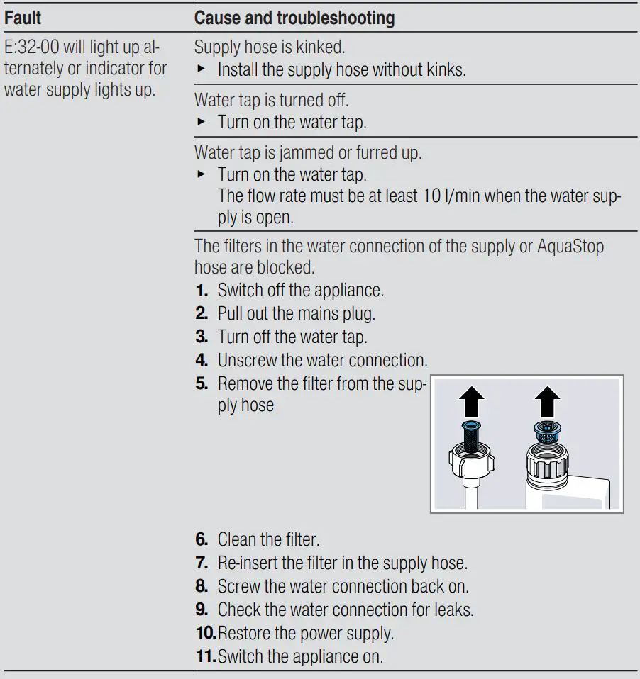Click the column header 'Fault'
tap(23, 17)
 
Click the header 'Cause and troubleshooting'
tap(294, 17)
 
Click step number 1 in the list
tap(201, 291)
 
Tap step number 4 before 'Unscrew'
tap(201, 359)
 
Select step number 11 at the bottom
tap(205, 656)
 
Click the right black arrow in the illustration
tap(546, 403)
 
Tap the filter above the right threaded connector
tap(546, 431)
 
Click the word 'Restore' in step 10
tap(243, 633)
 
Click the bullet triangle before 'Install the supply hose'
tap(201, 70)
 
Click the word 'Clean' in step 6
tap(237, 540)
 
